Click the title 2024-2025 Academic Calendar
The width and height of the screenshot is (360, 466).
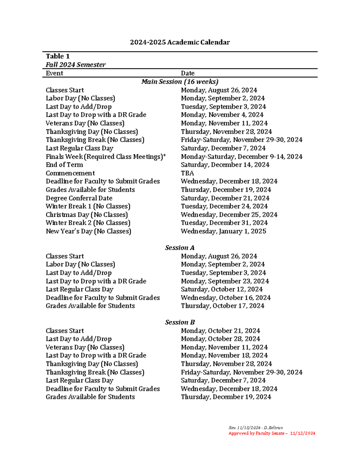coord(180,42)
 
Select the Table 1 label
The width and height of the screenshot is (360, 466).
coord(58,56)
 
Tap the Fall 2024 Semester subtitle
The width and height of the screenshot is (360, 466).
coord(76,65)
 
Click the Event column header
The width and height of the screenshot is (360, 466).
coord(54,73)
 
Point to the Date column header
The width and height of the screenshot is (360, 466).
coord(187,73)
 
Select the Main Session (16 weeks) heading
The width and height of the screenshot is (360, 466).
coord(180,82)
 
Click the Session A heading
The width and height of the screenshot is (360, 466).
coord(180,248)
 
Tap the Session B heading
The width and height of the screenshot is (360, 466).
coord(180,322)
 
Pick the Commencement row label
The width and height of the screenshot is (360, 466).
coord(70,173)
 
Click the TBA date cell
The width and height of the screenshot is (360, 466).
coord(187,173)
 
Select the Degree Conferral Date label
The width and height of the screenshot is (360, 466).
coord(79,198)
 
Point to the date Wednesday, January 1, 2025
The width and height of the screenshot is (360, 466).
coord(223,231)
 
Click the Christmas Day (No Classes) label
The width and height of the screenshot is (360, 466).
coord(87,215)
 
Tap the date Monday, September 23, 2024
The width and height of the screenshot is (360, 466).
coord(225,281)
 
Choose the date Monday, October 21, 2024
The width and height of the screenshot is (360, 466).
coord(220,331)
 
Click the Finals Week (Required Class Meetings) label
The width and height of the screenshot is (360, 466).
coord(106,157)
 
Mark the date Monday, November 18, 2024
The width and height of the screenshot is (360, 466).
coord(224,356)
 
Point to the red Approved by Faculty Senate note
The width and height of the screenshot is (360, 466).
coord(272,433)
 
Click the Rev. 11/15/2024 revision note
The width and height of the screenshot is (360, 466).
coord(256,428)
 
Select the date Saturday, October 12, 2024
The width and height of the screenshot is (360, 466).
coord(222,289)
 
